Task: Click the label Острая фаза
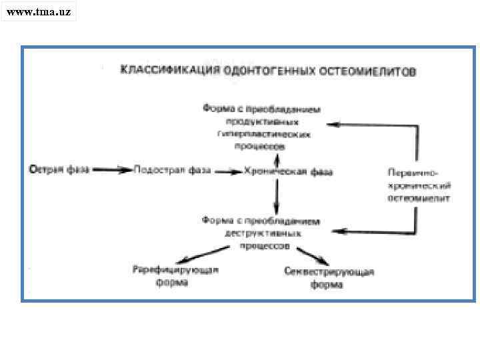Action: click(56, 170)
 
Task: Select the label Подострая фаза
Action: click(173, 170)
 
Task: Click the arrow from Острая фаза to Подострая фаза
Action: click(112, 170)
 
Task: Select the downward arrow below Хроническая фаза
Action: click(277, 196)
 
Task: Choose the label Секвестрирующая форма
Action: click(329, 278)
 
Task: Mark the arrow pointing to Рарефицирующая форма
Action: click(200, 254)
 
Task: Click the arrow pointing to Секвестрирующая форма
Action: click(311, 255)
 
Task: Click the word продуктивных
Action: click(263, 121)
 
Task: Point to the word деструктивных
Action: click(263, 233)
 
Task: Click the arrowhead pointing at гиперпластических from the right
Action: click(331, 124)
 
